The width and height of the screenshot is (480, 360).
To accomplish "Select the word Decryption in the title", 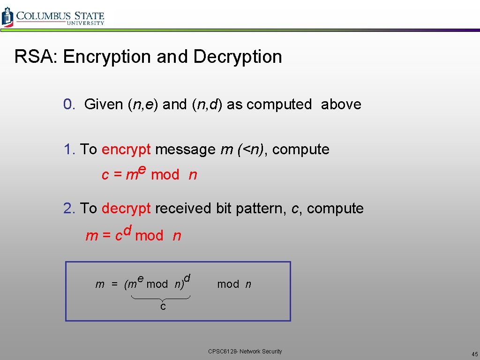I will (238, 57).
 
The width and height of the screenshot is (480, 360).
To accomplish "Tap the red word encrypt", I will (126, 150).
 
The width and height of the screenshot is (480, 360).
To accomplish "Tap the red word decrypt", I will (126, 208).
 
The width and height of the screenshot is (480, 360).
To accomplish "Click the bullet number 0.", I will (69, 104).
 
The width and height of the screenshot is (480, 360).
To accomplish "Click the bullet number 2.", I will (69, 208).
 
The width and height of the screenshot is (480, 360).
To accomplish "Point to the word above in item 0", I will (341, 104).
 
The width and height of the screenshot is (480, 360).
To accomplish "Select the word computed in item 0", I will (279, 105).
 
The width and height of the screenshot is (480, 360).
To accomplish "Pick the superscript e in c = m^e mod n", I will (142, 171).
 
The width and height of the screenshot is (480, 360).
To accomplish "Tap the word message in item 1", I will (185, 150).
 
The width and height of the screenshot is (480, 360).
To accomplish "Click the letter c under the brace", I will (163, 307).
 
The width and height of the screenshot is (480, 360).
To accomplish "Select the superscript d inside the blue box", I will (187, 278).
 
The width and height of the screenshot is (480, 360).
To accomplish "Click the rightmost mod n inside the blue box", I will (234, 284).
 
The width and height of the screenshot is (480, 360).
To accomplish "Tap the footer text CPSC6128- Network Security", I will (245, 352).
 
